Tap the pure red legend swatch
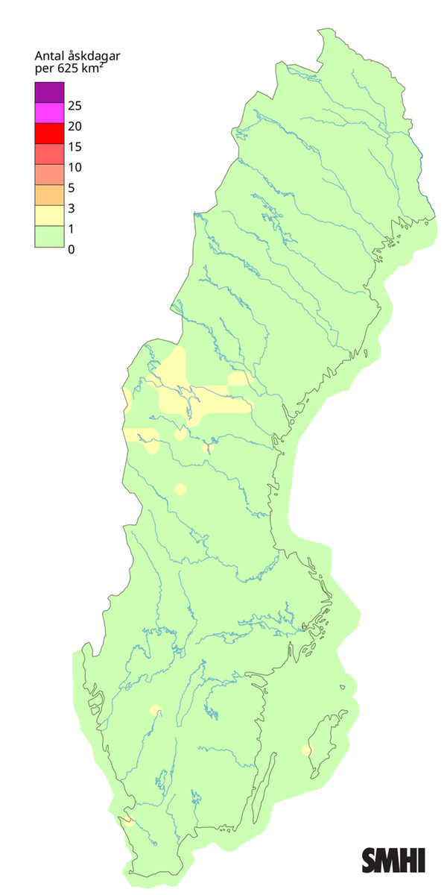point(49,134)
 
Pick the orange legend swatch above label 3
point(49,195)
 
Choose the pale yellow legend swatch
point(49,216)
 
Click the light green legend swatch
point(49,236)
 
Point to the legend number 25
point(74,105)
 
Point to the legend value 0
point(71,249)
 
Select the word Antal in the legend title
point(50,57)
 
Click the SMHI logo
point(393,859)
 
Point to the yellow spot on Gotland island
point(306,750)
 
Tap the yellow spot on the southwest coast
point(129,821)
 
